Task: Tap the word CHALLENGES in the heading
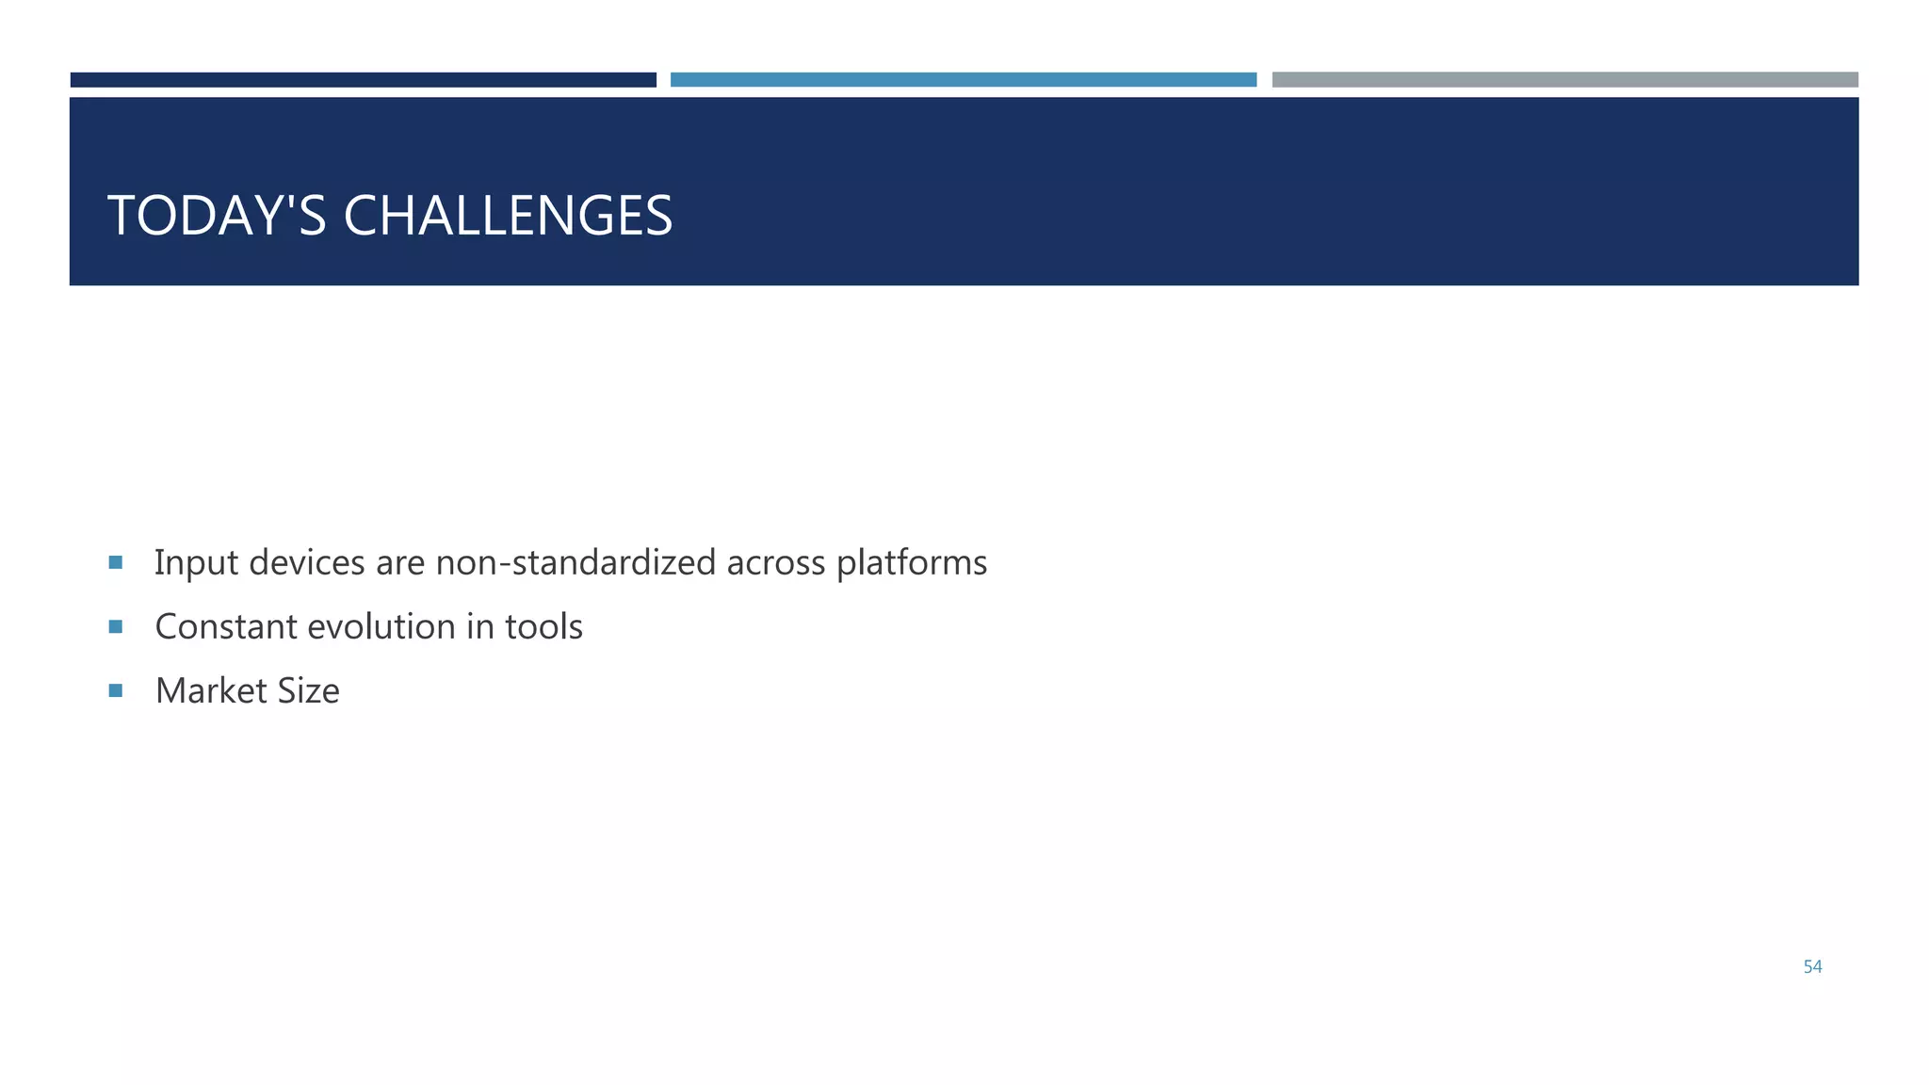point(508,216)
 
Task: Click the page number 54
point(1812,966)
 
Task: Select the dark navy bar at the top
point(363,80)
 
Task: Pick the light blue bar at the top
point(963,80)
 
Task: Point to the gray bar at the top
point(1564,80)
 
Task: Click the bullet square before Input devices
point(116,562)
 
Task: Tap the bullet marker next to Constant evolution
point(116,626)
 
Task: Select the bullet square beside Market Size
point(116,690)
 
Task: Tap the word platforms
point(912,563)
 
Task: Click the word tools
point(543,627)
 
